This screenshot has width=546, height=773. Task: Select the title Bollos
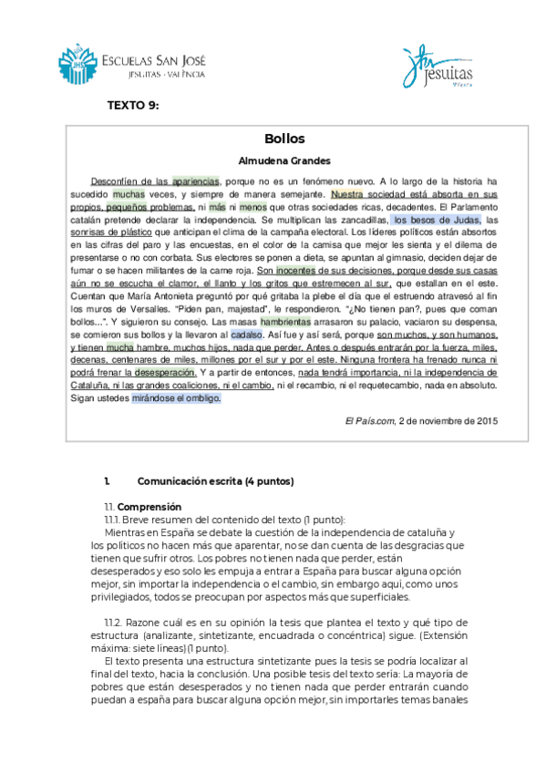tap(283, 139)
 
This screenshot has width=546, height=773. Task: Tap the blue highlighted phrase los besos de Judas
tap(436, 220)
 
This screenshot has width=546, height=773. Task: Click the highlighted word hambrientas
tap(284, 322)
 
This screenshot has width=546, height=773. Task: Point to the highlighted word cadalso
tap(248, 335)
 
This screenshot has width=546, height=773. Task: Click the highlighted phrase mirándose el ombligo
tap(176, 398)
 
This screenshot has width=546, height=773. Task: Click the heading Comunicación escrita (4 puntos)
tap(215, 480)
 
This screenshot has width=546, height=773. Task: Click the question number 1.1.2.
tap(116, 621)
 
